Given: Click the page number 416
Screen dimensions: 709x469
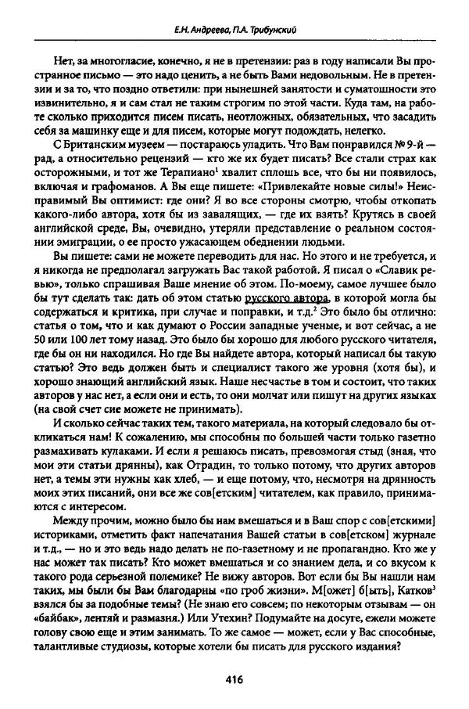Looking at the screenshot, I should (x=234, y=680).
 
